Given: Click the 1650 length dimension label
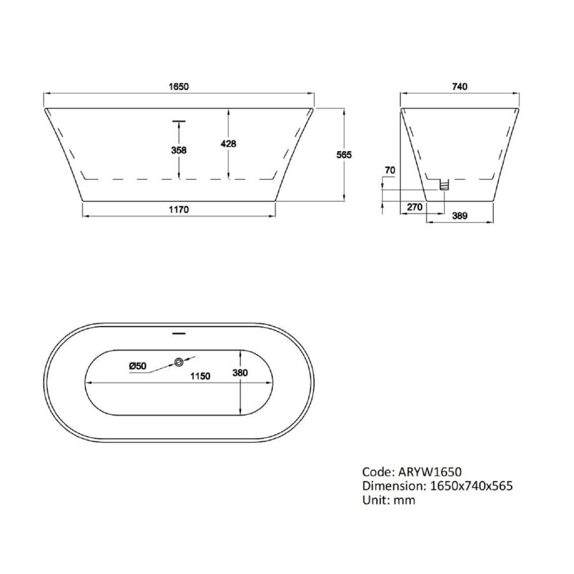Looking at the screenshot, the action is click(x=179, y=87).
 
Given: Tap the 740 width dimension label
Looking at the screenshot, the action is click(x=460, y=87).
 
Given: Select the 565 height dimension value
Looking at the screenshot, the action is click(x=344, y=155).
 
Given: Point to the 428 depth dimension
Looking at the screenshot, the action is click(x=228, y=144).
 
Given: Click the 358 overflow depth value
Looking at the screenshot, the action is click(x=179, y=150).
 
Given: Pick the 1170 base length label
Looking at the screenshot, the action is click(x=179, y=209).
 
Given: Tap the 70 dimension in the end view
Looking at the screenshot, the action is click(x=390, y=170).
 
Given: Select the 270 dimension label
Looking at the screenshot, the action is click(x=415, y=207).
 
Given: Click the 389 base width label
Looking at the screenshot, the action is click(x=460, y=216).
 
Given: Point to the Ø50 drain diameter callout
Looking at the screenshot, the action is click(x=138, y=365).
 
